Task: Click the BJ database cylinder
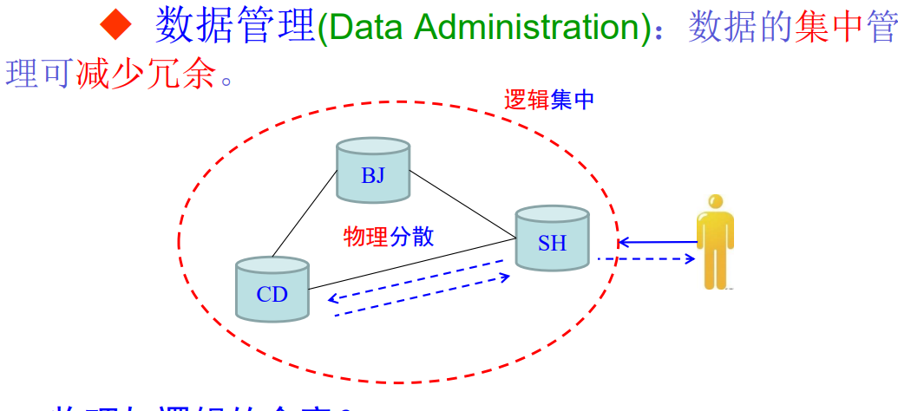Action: pyautogui.click(x=373, y=171)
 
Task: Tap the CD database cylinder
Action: pyautogui.click(x=272, y=290)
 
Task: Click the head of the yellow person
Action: pyautogui.click(x=715, y=201)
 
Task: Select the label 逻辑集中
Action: pyautogui.click(x=548, y=100)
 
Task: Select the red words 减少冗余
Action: pyautogui.click(x=145, y=75)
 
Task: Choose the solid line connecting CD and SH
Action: pyautogui.click(x=413, y=263)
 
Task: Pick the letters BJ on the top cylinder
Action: pyautogui.click(x=373, y=176)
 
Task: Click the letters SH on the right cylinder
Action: pyautogui.click(x=552, y=243)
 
